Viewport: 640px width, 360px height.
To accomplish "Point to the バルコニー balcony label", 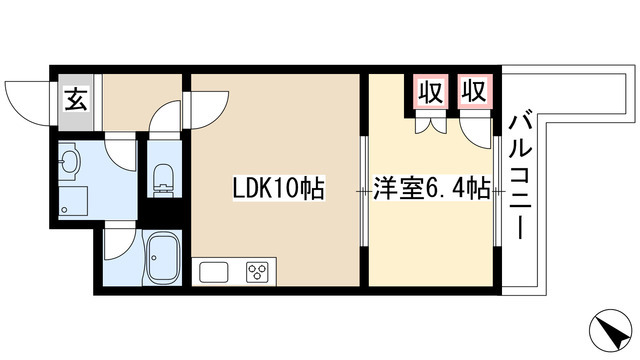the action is pos(519,176).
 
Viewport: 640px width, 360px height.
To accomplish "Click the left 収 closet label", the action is pos(430,92).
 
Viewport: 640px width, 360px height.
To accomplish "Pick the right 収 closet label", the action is pos(473,92).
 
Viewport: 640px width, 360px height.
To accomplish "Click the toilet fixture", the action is pos(161,181).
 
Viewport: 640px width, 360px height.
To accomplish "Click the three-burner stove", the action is pos(256,272).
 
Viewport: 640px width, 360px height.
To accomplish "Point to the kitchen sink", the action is pos(214,272).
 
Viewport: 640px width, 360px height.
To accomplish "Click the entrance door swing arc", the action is pos(28,96).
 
